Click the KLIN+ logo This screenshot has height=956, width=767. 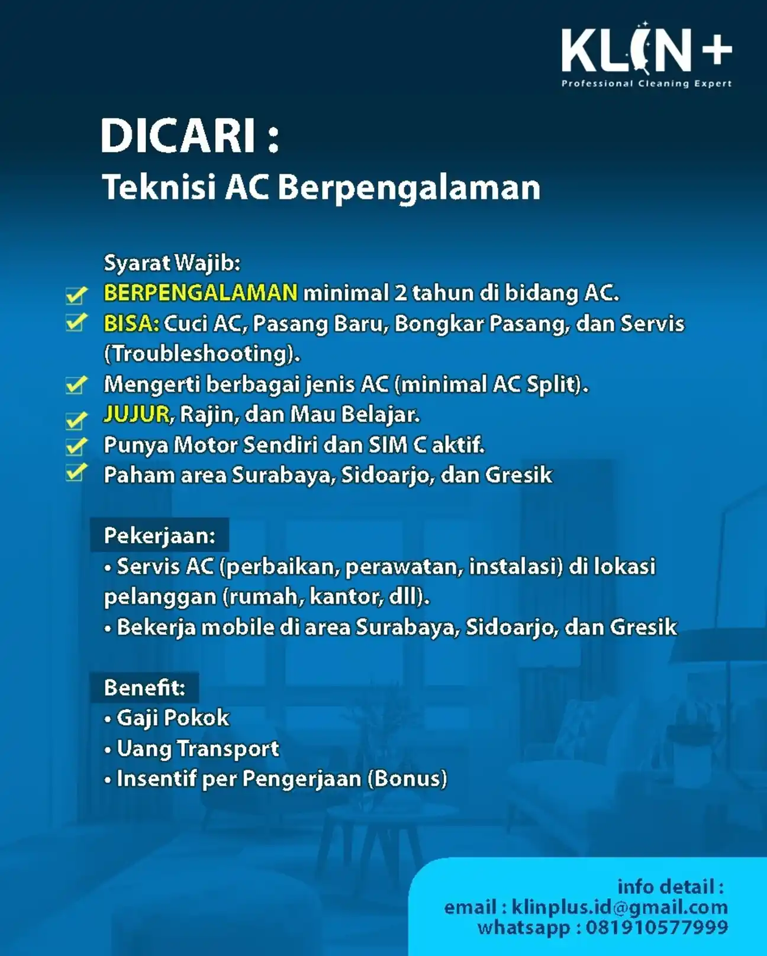(647, 50)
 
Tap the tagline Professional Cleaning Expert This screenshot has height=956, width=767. (647, 83)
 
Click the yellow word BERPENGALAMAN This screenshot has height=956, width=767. (201, 293)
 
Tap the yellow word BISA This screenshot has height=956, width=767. (131, 324)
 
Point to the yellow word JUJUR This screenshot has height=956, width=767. (137, 414)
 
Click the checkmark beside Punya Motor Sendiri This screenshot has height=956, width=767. (76, 446)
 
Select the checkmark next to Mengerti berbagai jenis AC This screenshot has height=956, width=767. (76, 385)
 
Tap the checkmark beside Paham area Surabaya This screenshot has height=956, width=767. (76, 472)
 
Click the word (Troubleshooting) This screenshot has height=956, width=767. (202, 354)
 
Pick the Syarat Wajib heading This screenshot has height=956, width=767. (172, 263)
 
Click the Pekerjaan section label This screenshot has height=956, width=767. (160, 536)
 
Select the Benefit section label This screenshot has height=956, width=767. (144, 687)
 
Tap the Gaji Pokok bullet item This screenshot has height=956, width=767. (167, 718)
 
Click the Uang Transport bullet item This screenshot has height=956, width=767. (192, 749)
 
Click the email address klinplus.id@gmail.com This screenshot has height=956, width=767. (620, 907)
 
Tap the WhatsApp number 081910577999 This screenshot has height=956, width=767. (657, 928)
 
